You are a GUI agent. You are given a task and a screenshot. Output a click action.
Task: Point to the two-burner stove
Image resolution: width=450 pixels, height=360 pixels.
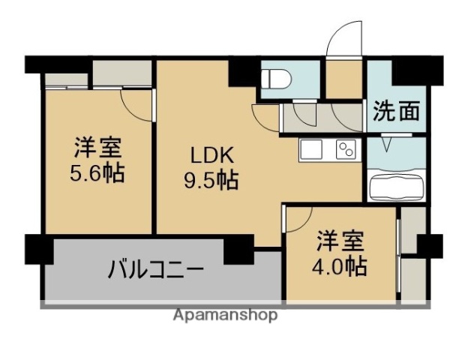pyautogui.click(x=346, y=150)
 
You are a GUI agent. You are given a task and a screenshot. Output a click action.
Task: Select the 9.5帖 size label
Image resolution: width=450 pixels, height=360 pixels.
pyautogui.click(x=212, y=180)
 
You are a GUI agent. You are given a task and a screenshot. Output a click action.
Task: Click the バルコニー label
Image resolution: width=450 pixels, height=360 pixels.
pyautogui.click(x=156, y=268)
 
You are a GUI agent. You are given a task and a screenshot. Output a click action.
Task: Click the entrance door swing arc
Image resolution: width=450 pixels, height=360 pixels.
pyautogui.click(x=344, y=37)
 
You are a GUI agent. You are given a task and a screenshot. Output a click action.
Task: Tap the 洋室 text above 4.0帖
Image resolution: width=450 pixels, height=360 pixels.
pyautogui.click(x=340, y=241)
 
